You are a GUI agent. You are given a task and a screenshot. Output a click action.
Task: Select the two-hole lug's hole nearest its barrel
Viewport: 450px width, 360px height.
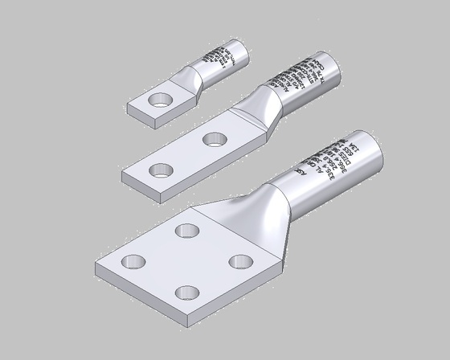pyautogui.click(x=214, y=139)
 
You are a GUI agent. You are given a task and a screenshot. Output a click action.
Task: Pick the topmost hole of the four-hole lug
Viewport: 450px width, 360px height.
pyautogui.click(x=189, y=231)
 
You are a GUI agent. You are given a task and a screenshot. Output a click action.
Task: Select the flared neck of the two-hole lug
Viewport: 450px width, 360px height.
pyautogui.click(x=261, y=108)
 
